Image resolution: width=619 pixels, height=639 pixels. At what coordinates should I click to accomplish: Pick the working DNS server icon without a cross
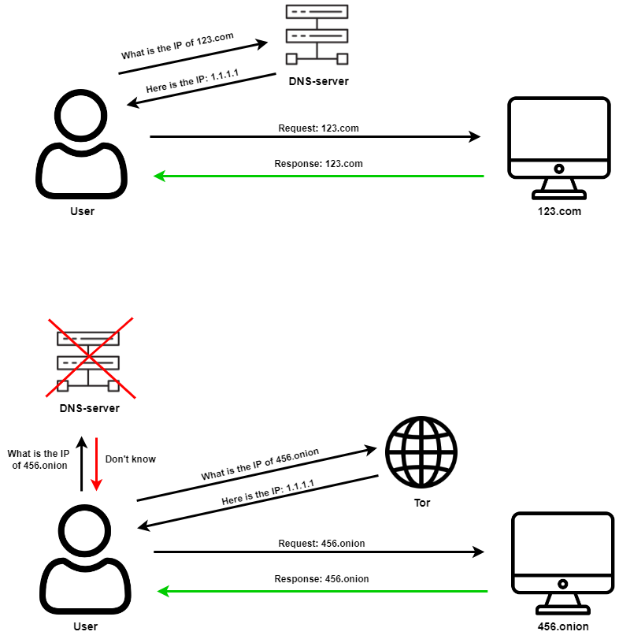pos(317,35)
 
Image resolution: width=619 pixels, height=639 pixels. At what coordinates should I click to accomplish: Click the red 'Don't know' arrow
pos(95,464)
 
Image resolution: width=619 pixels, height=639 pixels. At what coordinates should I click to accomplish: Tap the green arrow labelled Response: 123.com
pos(318,176)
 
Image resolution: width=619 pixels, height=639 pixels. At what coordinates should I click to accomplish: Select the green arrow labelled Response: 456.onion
pos(323,591)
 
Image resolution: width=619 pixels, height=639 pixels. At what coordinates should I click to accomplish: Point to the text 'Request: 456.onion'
pos(321,543)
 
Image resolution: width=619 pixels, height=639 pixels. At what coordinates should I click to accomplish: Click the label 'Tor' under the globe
pos(422,503)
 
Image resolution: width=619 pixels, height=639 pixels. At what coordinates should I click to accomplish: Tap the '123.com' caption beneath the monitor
pos(558,212)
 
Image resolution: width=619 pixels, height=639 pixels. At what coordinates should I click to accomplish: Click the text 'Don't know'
pos(130,459)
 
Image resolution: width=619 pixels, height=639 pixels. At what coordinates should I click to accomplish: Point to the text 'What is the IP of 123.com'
pos(179,47)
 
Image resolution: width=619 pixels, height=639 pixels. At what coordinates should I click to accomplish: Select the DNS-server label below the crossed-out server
pos(89,408)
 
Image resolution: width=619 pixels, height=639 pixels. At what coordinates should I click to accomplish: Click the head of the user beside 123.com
pos(81,116)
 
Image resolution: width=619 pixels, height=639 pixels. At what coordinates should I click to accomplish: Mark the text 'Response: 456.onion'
pos(321,579)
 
